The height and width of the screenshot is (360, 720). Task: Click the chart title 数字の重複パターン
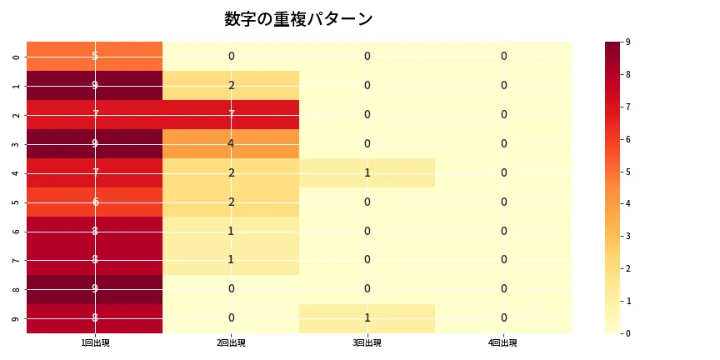pos(298,19)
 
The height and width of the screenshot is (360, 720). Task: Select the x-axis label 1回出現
pos(95,342)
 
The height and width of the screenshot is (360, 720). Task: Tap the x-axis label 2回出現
pos(231,342)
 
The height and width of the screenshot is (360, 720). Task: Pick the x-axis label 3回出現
pos(367,342)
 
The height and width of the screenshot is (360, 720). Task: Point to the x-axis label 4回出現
pos(503,342)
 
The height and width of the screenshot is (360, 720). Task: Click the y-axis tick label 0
pos(17,57)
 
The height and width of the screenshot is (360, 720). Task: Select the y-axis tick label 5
pos(17,202)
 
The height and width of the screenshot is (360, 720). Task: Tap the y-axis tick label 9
pos(17,319)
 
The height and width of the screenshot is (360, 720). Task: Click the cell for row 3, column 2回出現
pos(231,144)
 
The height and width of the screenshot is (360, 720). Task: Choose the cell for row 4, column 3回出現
pos(367,173)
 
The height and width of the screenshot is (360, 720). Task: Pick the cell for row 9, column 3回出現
pos(367,318)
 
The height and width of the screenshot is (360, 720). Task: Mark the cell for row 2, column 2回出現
pos(231,115)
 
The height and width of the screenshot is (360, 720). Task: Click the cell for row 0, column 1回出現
pos(95,57)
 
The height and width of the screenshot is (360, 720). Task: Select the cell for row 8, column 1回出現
pos(95,289)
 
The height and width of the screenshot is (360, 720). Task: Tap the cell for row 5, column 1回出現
pos(95,202)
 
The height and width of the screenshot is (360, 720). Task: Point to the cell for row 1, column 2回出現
pos(231,86)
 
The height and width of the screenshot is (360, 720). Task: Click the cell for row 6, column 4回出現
pos(503,232)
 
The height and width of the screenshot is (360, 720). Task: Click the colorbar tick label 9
pos(627,42)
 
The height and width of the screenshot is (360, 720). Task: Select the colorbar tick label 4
pos(627,203)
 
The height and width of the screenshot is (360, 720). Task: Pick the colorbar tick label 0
pos(627,333)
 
